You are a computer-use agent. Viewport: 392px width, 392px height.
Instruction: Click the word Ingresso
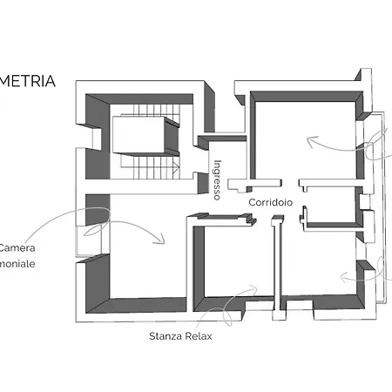218,180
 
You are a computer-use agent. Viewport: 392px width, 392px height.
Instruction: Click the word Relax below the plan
199,335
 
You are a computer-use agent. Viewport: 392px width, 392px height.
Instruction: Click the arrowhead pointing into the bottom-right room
346,280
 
